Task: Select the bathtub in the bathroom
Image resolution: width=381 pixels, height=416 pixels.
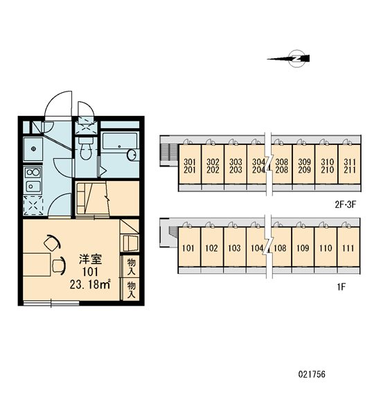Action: click(120, 146)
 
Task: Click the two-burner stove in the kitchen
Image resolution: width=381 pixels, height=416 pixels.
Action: click(33, 173)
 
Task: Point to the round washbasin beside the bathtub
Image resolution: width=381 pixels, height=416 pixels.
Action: click(132, 155)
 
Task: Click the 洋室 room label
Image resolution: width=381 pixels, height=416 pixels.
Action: click(91, 259)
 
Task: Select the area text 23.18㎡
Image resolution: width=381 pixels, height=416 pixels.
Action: click(90, 284)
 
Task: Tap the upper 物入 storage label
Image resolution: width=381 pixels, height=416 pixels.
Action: click(131, 267)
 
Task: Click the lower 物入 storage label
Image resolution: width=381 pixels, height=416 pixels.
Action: click(131, 289)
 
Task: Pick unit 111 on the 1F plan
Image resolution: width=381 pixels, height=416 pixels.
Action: click(348, 248)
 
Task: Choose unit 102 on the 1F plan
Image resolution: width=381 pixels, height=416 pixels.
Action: click(211, 248)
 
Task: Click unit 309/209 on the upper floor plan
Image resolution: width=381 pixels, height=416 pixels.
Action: click(304, 166)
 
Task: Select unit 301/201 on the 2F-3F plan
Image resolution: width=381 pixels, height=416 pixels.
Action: click(190, 166)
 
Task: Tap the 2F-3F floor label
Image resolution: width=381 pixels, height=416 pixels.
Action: click(345, 205)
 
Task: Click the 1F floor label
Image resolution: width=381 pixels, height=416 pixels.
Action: click(342, 287)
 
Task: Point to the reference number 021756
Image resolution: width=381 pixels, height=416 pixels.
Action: click(312, 374)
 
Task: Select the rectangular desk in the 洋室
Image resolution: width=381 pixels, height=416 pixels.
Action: click(37, 265)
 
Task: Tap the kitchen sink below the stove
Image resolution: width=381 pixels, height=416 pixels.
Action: click(33, 187)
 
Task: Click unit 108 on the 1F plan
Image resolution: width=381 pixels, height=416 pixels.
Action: click(281, 248)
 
